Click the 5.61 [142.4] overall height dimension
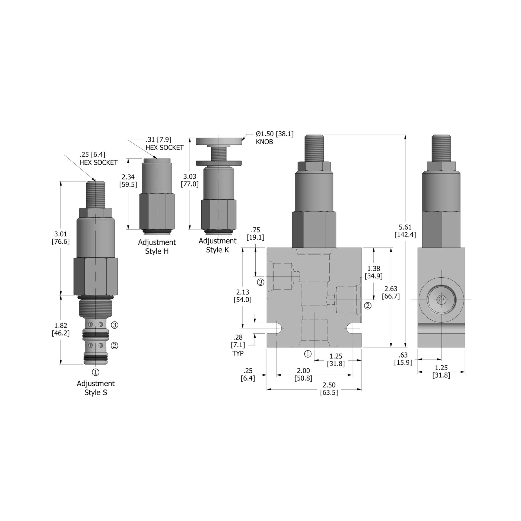pyautogui.click(x=405, y=231)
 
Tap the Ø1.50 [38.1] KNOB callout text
pyautogui.click(x=274, y=138)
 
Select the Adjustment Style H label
pyautogui.click(x=157, y=246)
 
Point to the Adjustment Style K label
pyautogui.click(x=217, y=245)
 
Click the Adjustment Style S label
pyautogui.click(x=96, y=388)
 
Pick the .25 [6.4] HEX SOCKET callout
pyautogui.click(x=98, y=158)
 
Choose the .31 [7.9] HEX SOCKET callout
pyautogui.click(x=164, y=144)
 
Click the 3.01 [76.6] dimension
pyautogui.click(x=61, y=238)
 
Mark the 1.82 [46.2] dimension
pyautogui.click(x=61, y=329)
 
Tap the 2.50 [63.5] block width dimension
pyautogui.click(x=329, y=389)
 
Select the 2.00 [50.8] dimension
pyautogui.click(x=303, y=374)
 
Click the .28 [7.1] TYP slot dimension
pyautogui.click(x=238, y=345)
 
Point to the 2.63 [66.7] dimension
pyautogui.click(x=390, y=292)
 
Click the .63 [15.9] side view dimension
pyautogui.click(x=403, y=358)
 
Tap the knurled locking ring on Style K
pyautogui.click(x=218, y=163)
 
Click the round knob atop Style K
pyautogui.click(x=218, y=141)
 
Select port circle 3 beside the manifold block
pyautogui.click(x=260, y=282)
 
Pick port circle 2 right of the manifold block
pyautogui.click(x=367, y=306)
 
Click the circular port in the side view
pyautogui.click(x=441, y=300)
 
